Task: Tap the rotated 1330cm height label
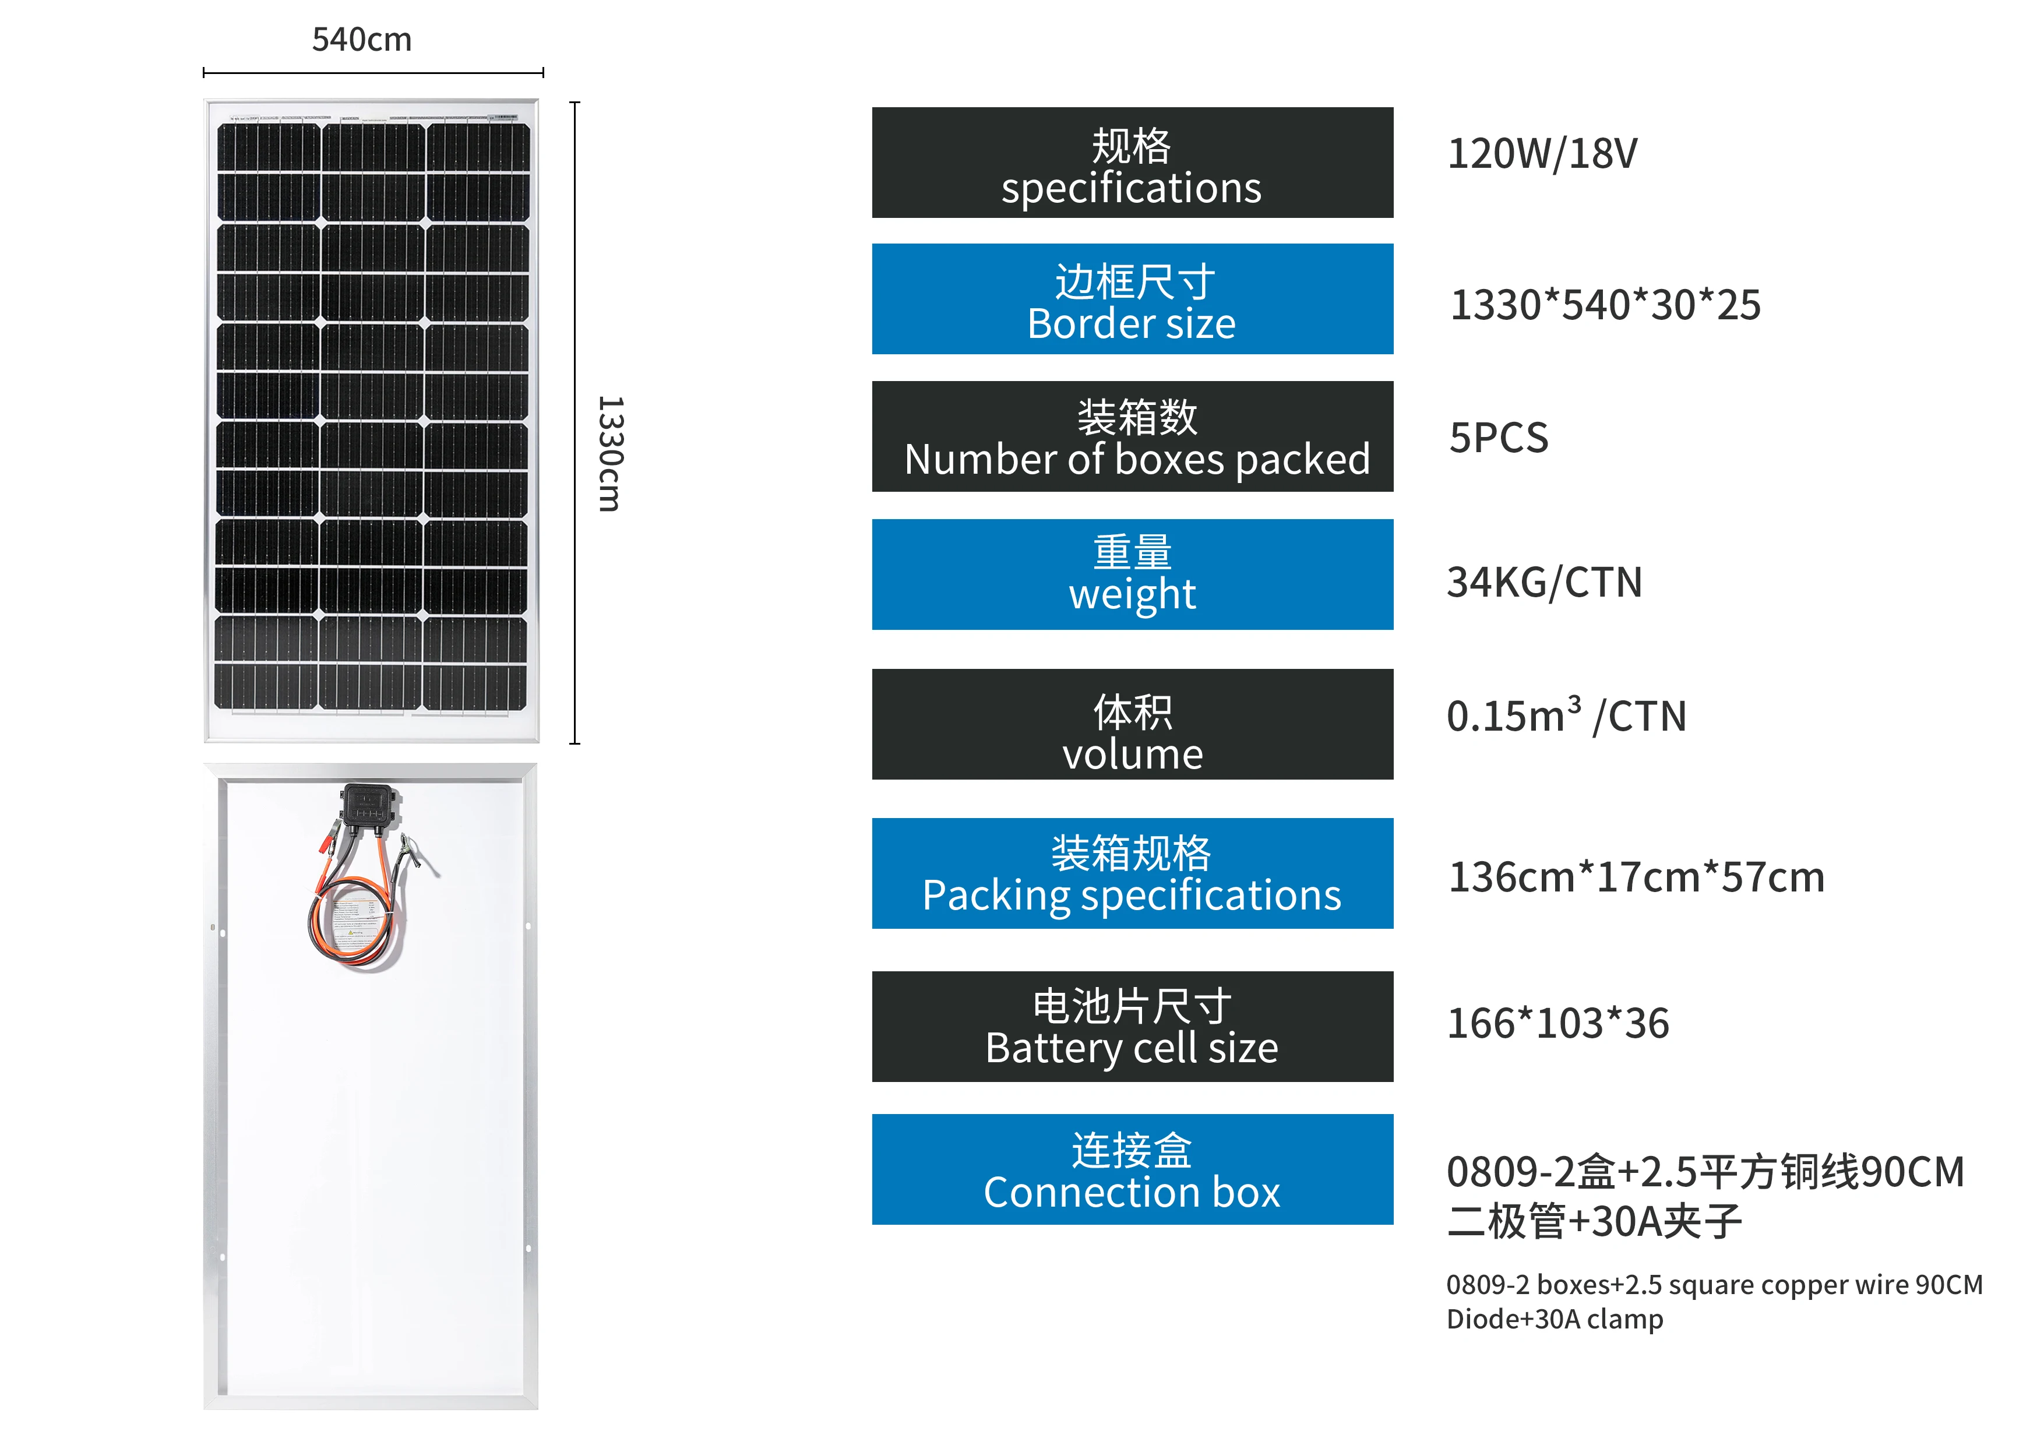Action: pos(610,453)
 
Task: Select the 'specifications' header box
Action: pos(1132,163)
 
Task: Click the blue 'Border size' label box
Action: pos(1132,299)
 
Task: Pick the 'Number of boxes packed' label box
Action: pos(1132,437)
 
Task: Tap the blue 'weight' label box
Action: pos(1132,575)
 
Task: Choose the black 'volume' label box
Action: pos(1132,724)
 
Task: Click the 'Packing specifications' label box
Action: pos(1132,873)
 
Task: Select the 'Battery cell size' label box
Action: pos(1132,1027)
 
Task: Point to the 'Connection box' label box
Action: pos(1132,1169)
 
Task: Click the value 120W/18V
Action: pos(1542,154)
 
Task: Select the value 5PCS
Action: pos(1498,438)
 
